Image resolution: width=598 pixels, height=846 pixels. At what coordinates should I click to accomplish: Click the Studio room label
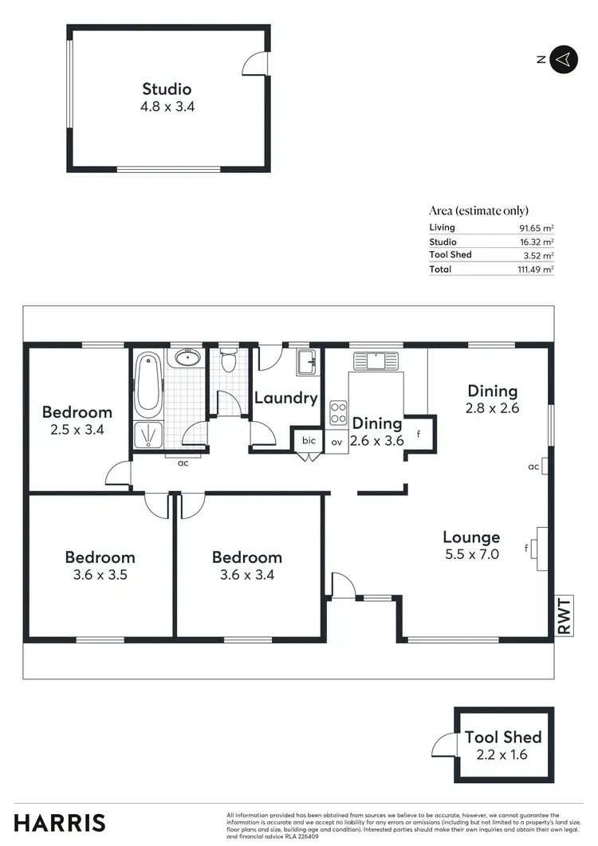point(167,89)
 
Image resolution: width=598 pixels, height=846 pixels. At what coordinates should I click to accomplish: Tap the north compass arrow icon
point(563,59)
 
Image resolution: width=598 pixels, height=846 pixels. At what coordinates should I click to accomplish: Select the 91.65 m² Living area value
point(536,228)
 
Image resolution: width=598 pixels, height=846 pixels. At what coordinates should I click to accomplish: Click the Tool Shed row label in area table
point(450,255)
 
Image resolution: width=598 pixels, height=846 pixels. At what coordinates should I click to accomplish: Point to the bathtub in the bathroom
point(148,385)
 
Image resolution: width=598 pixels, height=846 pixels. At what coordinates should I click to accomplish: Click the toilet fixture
point(229,362)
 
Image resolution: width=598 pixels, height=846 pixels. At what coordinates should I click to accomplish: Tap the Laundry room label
point(285,398)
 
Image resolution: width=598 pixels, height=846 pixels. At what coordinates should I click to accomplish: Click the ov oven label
point(336,441)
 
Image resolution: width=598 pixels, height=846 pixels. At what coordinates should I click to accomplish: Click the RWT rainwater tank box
point(564,616)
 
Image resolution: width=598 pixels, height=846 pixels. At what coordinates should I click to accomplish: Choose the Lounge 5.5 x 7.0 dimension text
point(471,553)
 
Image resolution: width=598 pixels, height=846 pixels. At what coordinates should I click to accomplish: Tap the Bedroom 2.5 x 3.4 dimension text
point(77,429)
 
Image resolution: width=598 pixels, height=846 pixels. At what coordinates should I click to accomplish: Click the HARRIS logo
point(60,823)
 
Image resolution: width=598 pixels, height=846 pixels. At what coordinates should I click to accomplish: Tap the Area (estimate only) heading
point(478,211)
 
